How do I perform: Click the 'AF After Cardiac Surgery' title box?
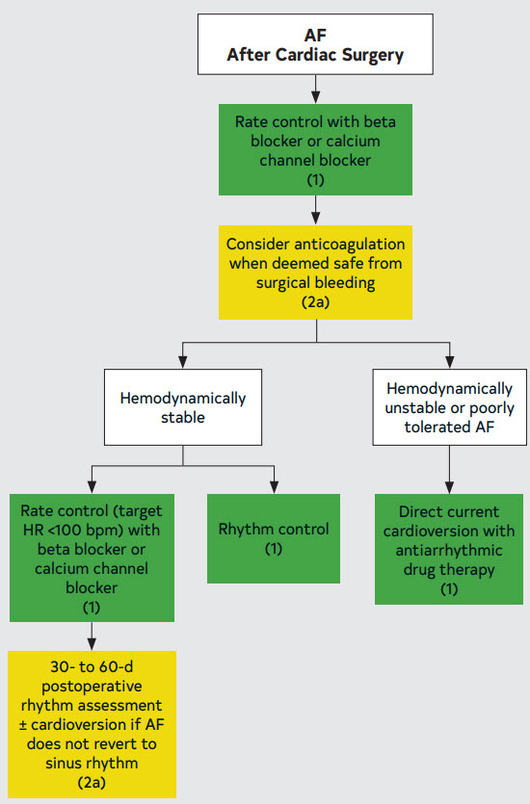click(315, 44)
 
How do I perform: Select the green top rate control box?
click(315, 149)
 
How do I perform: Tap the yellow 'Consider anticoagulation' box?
click(315, 272)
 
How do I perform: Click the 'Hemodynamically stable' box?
click(183, 407)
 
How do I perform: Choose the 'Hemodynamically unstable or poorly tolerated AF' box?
click(449, 407)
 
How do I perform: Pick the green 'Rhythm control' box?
click(274, 538)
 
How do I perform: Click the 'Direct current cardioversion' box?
click(449, 549)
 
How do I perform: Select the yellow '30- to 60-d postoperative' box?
click(92, 724)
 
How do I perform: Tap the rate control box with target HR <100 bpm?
click(92, 558)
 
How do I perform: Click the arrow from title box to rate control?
click(315, 90)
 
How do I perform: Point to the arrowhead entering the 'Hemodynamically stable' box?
click(183, 363)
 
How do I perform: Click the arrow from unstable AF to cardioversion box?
click(449, 470)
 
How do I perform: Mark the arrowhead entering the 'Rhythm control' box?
click(274, 487)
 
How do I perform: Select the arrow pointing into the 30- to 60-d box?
click(92, 636)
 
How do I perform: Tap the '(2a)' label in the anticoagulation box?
click(315, 302)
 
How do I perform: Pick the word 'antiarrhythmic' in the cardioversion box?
click(449, 551)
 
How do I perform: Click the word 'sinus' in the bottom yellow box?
click(63, 763)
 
